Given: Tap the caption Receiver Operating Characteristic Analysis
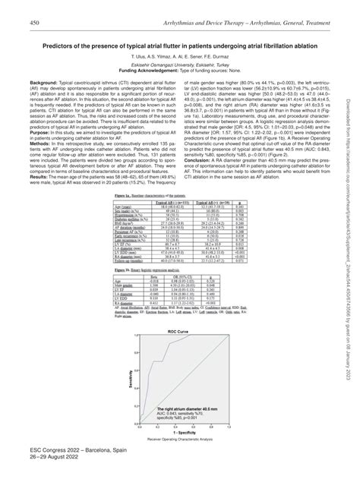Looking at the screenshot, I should pyautogui.click(x=180, y=438).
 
